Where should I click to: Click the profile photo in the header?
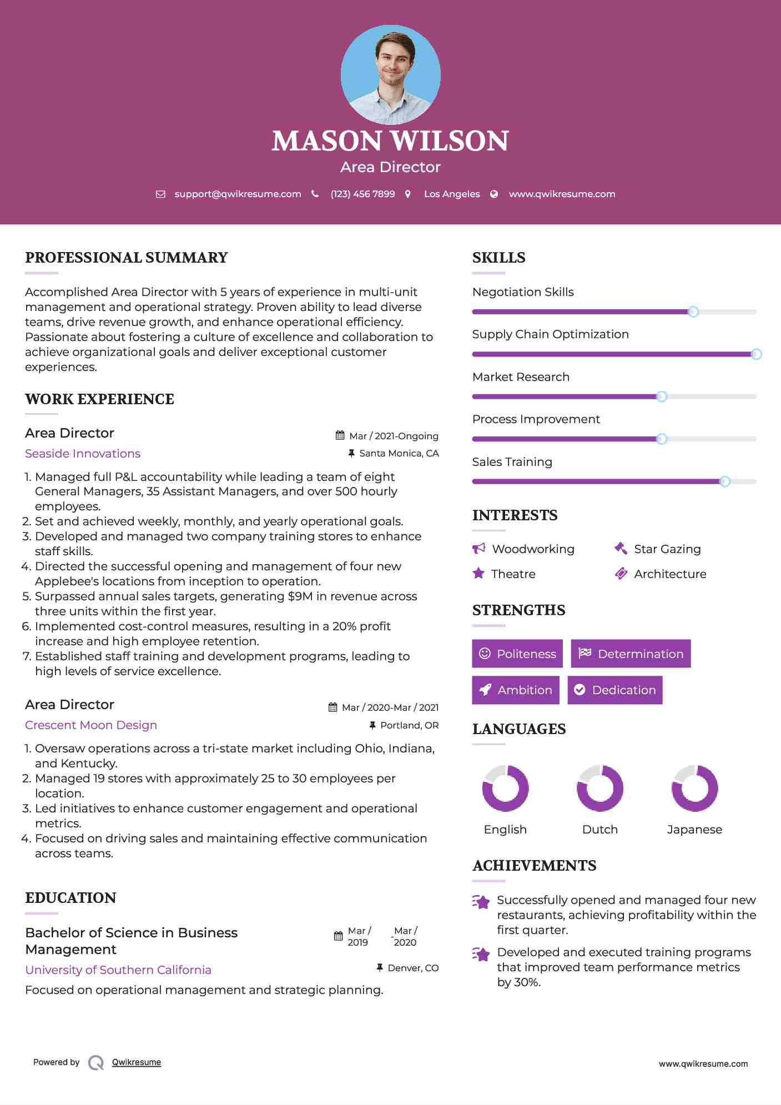(x=390, y=74)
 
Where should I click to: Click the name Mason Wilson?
(x=390, y=141)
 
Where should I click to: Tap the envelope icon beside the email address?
(x=160, y=194)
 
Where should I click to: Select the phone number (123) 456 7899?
(x=362, y=194)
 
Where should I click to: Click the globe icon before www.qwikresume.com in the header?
(x=494, y=194)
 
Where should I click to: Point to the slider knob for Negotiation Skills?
(x=693, y=312)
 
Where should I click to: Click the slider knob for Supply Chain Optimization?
(x=756, y=354)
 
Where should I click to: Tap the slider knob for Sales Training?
(x=724, y=481)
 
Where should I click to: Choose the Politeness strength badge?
(x=517, y=654)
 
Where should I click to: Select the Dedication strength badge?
(x=614, y=690)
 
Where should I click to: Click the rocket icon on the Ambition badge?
(x=485, y=690)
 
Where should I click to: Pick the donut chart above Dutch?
(x=600, y=788)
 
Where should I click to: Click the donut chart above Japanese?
(x=694, y=788)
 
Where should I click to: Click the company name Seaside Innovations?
(x=83, y=454)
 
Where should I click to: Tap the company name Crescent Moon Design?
(x=91, y=725)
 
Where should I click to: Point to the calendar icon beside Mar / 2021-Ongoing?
(x=340, y=436)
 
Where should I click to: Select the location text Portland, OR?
(x=409, y=725)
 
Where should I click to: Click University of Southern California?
(x=118, y=970)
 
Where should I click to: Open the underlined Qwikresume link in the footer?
(x=137, y=1062)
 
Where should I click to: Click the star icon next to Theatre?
(x=478, y=574)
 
